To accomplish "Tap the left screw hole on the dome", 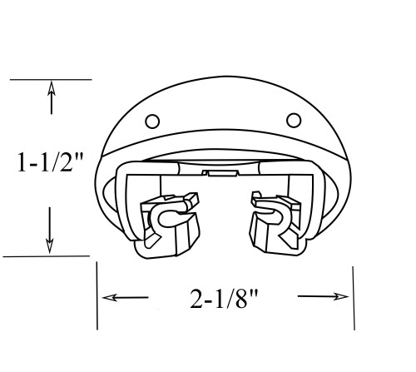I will coord(152,120).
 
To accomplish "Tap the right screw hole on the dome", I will coord(294,117).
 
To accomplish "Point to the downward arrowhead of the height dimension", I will coord(51,246).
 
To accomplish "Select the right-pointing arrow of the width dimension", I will coord(341,296).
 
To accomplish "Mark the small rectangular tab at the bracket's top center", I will coord(220,173).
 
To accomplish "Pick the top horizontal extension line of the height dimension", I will coord(50,79).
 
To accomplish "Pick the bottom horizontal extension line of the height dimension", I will coord(46,256).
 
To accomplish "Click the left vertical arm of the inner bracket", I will coord(125,204).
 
